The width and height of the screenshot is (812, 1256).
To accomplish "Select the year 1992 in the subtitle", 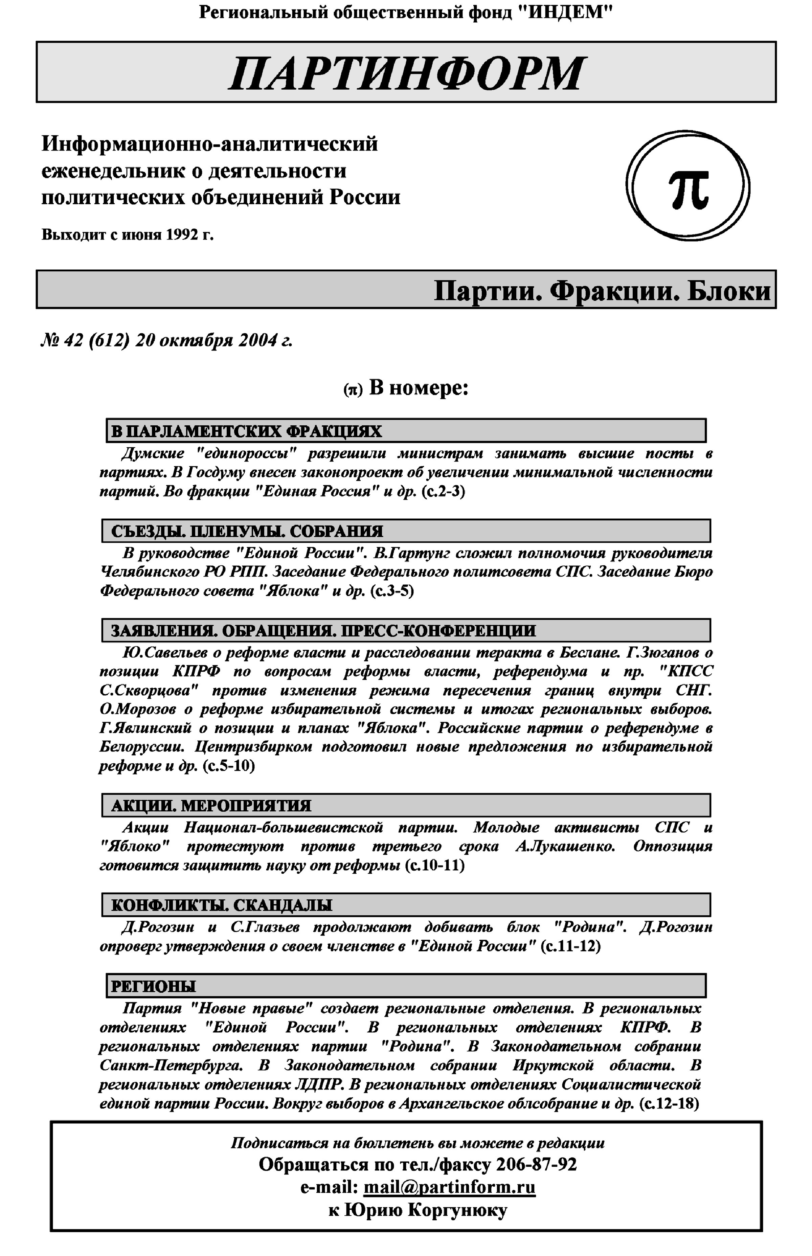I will pyautogui.click(x=181, y=234).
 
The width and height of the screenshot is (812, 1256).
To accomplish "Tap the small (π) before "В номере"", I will pyautogui.click(x=353, y=390).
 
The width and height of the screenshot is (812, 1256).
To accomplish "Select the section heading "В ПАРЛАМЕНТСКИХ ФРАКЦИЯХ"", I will pyautogui.click(x=246, y=431).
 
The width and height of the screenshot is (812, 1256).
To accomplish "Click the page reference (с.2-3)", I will pyautogui.click(x=444, y=491).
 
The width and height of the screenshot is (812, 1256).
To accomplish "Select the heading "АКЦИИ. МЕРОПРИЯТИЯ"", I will pyautogui.click(x=211, y=806).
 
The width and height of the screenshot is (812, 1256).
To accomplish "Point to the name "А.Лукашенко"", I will pyautogui.click(x=565, y=846).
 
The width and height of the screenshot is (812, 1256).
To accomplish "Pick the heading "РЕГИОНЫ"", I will pyautogui.click(x=153, y=986).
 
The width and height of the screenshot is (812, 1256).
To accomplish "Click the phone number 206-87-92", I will pyautogui.click(x=536, y=1164).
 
